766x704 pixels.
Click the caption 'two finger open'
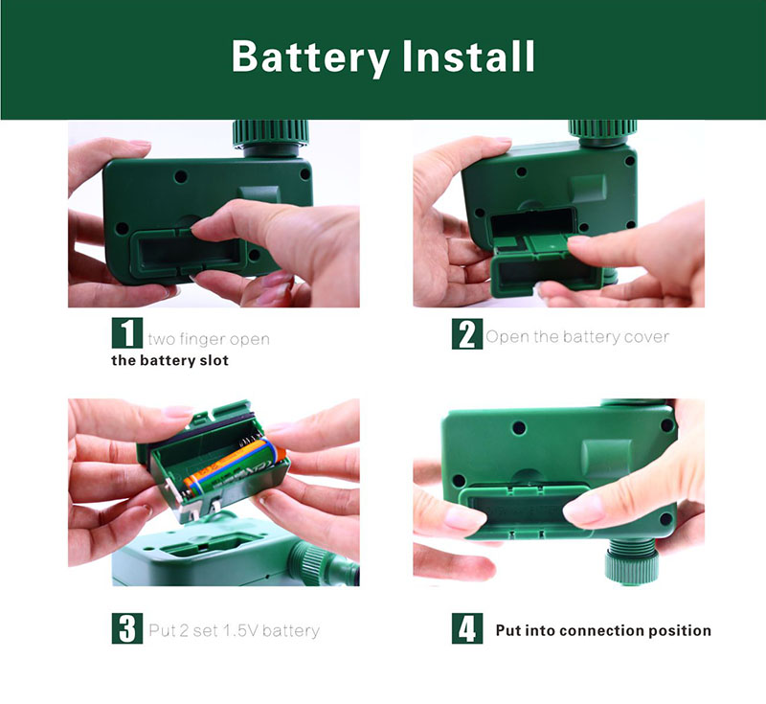click(x=209, y=339)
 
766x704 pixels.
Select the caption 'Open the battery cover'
click(x=577, y=336)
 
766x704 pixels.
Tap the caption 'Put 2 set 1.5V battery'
click(x=233, y=630)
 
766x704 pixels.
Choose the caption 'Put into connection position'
click(x=603, y=630)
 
